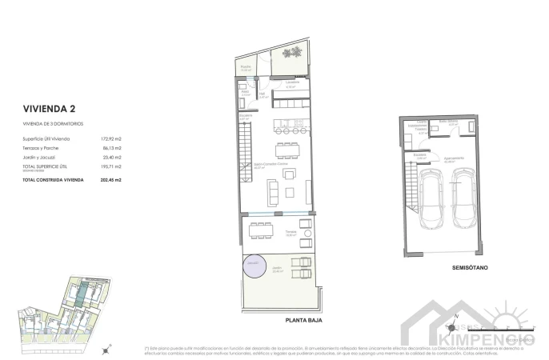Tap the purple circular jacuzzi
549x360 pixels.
click(x=254, y=263)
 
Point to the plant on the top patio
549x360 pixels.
click(x=294, y=53)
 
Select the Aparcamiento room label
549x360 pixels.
click(x=453, y=158)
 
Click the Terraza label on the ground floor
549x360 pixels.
click(x=291, y=232)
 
